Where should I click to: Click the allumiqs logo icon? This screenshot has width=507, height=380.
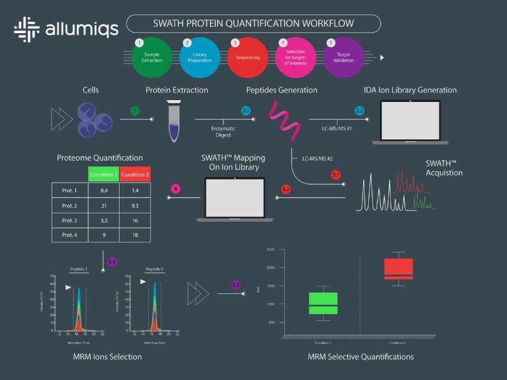tap(27, 28)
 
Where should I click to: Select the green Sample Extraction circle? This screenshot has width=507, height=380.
tap(152, 58)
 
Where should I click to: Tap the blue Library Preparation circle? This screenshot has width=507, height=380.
tap(200, 58)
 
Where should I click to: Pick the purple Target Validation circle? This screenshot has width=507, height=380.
tap(343, 58)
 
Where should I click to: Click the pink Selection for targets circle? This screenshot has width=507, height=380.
tap(295, 58)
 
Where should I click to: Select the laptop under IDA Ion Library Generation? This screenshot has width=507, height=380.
tap(410, 122)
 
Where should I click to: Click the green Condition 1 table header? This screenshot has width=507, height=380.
tap(103, 174)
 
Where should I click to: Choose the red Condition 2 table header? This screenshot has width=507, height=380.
tap(135, 174)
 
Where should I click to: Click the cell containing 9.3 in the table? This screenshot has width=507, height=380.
tap(135, 206)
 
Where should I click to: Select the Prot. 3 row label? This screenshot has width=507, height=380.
tap(70, 221)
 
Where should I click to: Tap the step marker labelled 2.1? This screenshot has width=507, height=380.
tap(246, 111)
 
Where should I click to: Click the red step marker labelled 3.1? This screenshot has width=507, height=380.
tap(336, 175)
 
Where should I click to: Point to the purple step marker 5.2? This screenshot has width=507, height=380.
tap(236, 285)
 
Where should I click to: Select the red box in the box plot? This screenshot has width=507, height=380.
tap(398, 269)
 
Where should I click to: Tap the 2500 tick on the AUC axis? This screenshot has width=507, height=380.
tap(270, 250)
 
